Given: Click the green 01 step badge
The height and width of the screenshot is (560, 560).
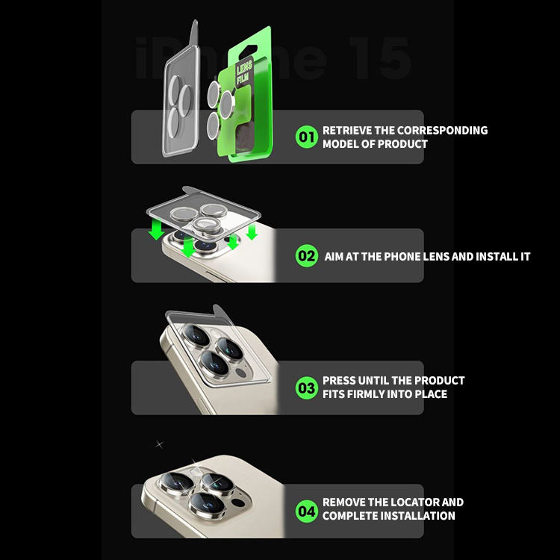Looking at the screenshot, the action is click(x=306, y=137).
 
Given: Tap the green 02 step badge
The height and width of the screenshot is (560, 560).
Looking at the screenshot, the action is click(x=306, y=255).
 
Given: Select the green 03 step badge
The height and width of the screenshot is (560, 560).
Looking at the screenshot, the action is click(x=306, y=388).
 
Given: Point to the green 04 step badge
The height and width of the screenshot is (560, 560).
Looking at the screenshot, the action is click(x=306, y=511).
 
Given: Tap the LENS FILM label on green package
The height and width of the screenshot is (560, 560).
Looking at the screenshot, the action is click(x=244, y=72).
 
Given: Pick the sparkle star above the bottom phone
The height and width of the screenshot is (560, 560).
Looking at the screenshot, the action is click(x=159, y=444).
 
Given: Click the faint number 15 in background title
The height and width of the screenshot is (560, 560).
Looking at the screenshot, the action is click(x=379, y=58).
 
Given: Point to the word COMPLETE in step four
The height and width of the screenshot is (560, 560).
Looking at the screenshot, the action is click(x=346, y=516).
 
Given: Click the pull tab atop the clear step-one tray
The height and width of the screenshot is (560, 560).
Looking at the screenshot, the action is click(x=194, y=33).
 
